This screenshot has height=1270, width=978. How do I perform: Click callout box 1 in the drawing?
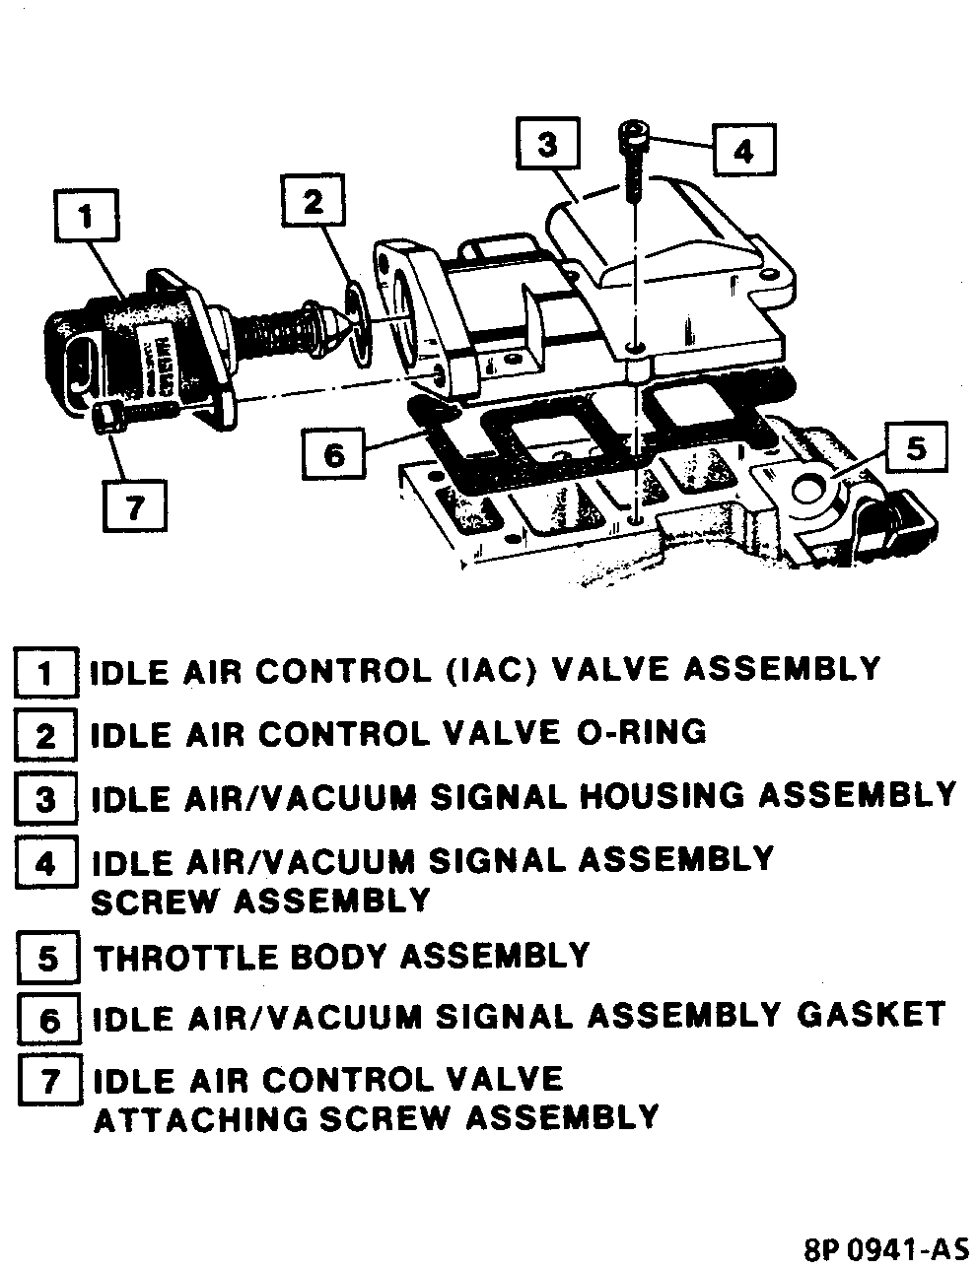point(87,215)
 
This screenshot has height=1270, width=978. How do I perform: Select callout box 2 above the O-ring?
point(313,203)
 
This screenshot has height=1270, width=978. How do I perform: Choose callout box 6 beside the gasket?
point(335,456)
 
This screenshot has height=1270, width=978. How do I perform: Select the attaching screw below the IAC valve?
point(108,421)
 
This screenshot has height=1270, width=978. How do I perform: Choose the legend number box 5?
point(47,959)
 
